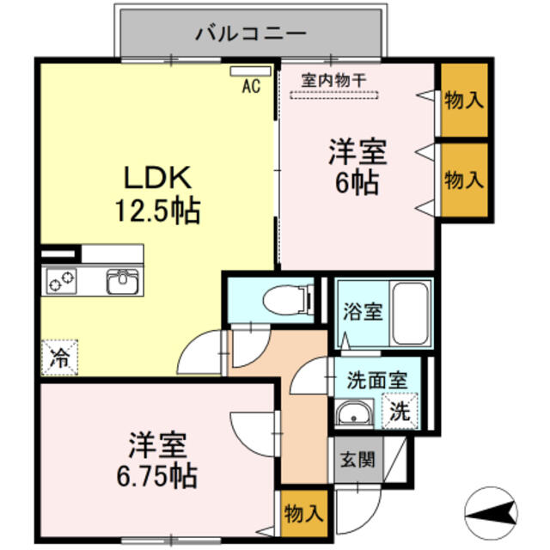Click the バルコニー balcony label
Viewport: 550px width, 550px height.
250,34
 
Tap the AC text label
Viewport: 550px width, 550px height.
251,85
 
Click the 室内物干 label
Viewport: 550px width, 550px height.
333,79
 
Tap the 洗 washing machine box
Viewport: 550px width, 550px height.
400,411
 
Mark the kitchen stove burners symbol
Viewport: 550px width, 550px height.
62,281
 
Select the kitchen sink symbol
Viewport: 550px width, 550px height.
122,281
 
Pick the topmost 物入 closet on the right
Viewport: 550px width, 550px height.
464,100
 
